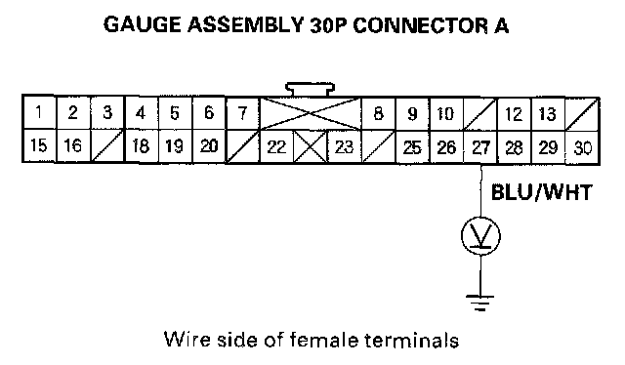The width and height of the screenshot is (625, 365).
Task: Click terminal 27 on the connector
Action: [x=480, y=147]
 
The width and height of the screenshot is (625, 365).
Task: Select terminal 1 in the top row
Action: [x=39, y=112]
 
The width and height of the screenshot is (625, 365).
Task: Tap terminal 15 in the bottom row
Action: [x=39, y=145]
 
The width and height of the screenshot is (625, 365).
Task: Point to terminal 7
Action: [x=242, y=113]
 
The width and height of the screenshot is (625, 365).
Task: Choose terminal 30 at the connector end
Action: [x=582, y=147]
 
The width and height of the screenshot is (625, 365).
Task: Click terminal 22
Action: [x=276, y=146]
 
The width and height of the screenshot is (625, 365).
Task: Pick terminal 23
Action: [x=344, y=146]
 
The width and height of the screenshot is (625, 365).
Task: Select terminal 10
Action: [x=446, y=113]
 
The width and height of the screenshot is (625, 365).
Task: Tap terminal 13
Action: [x=548, y=114]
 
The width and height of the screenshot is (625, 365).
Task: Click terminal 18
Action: [x=141, y=145]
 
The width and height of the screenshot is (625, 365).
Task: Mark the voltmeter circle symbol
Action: [x=480, y=236]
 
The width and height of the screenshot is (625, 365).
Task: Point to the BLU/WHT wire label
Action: [x=541, y=192]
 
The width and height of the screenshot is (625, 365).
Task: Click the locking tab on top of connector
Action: [x=311, y=89]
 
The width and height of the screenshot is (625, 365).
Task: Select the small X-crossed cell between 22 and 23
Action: [x=311, y=146]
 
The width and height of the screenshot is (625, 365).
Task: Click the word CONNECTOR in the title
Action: [x=420, y=25]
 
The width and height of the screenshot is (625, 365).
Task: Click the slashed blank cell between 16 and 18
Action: [x=107, y=145]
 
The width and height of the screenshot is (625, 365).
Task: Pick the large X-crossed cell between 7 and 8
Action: [x=311, y=113]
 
